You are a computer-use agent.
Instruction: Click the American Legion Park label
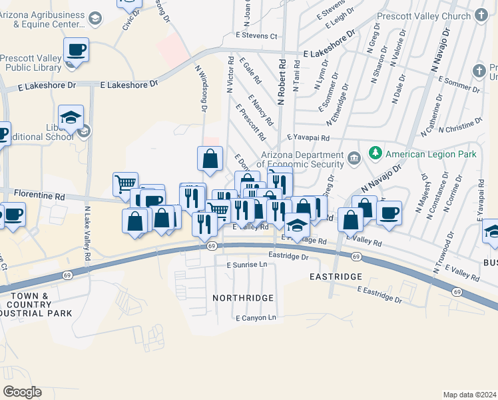pyautogui.click(x=431, y=154)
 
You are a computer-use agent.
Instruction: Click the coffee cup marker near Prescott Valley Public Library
pyautogui.click(x=76, y=50)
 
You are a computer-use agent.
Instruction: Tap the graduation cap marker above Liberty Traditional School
pyautogui.click(x=71, y=118)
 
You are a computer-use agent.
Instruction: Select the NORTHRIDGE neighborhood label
pyautogui.click(x=243, y=297)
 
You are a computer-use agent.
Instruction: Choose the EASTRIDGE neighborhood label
pyautogui.click(x=336, y=276)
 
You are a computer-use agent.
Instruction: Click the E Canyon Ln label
pyautogui.click(x=256, y=317)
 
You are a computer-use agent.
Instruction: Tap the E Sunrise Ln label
pyautogui.click(x=246, y=265)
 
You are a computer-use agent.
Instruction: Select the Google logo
pyautogui.click(x=22, y=391)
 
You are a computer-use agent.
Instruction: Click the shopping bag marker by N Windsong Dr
pyautogui.click(x=210, y=158)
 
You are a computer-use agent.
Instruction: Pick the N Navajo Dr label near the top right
pyautogui.click(x=441, y=50)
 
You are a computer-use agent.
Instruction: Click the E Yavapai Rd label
pyautogui.click(x=309, y=137)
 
